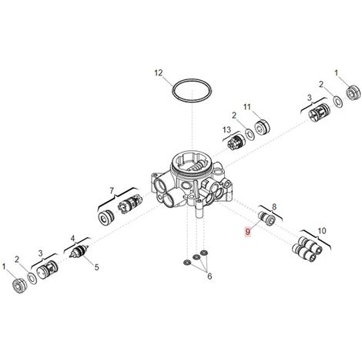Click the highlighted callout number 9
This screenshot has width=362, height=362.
coord(247,232)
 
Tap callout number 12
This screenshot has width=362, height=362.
coord(159,73)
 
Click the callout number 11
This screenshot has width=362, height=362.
coord(246,106)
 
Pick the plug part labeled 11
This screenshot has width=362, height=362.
coord(262,127)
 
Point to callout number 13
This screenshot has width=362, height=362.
coord(226,129)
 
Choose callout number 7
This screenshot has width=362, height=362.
coord(112,190)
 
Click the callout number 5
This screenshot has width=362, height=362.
coord(96,267)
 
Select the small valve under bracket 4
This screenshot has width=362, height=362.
coord(79,252)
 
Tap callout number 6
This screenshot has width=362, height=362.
coord(209,277)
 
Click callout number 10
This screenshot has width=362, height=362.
coord(322,231)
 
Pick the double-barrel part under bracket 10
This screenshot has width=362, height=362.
coord(307,249)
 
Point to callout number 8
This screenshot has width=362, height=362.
coord(274,206)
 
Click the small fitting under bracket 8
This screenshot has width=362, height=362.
coord(266,219)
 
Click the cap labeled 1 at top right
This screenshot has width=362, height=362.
coord(353,92)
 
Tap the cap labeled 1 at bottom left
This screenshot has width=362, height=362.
coord(19,285)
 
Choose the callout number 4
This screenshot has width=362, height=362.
coord(72,239)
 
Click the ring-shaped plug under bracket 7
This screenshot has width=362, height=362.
coord(106,218)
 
